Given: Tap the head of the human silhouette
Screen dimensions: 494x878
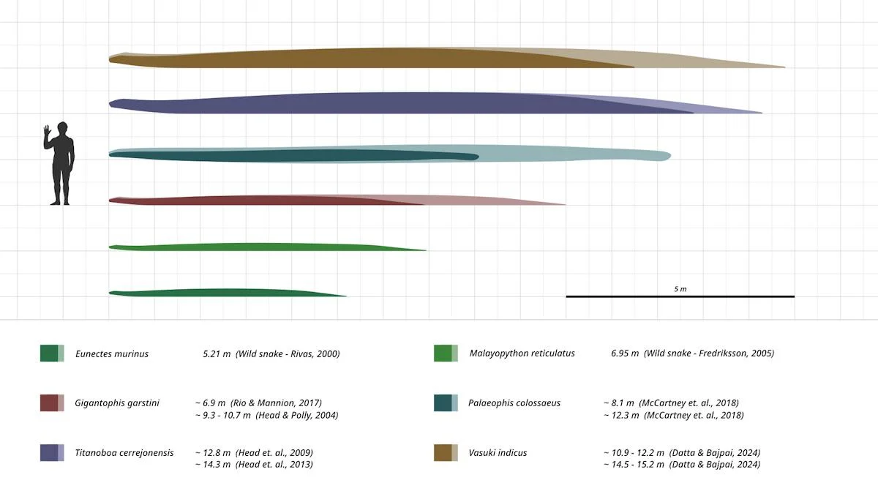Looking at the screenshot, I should [62, 128].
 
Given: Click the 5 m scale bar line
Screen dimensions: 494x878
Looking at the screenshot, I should [680, 296].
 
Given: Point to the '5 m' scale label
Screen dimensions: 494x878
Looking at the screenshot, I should [680, 289].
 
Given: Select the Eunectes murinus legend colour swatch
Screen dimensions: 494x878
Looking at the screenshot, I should [52, 353].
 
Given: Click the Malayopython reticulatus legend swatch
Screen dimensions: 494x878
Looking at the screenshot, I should [446, 353].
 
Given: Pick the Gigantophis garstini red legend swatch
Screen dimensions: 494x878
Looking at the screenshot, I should [52, 403].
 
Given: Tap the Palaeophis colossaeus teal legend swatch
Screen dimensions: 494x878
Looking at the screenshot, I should [446, 403].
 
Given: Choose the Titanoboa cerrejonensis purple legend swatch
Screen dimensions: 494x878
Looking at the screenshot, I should [52, 452].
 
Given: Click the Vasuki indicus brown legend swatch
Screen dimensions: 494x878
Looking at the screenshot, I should [446, 452].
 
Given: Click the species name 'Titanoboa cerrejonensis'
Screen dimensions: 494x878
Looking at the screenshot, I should [124, 452].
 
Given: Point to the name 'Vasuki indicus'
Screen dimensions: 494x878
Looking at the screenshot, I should [498, 452].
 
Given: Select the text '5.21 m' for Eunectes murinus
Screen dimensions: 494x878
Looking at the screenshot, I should [217, 354].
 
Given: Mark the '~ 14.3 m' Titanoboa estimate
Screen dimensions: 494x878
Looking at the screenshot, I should [213, 465].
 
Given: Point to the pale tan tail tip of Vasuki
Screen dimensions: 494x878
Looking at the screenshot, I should [761, 65].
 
